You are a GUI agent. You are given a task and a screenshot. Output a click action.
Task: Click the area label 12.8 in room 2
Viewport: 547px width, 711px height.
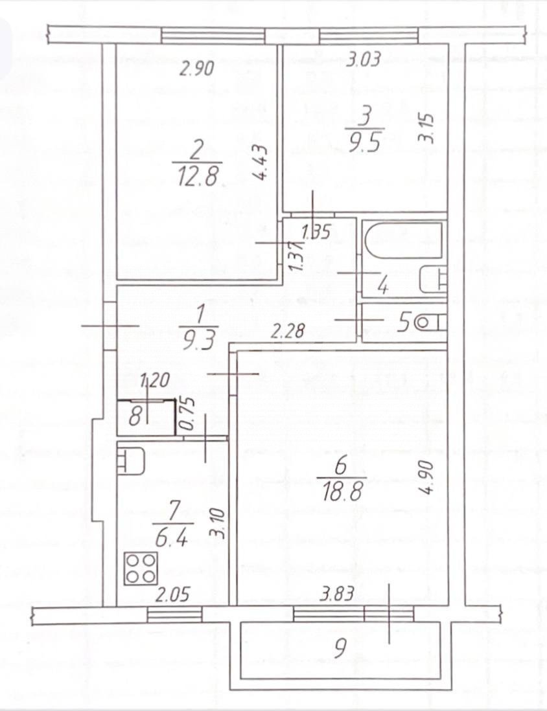(x=198, y=174)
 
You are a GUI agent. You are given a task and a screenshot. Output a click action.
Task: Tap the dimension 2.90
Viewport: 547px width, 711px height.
(x=196, y=69)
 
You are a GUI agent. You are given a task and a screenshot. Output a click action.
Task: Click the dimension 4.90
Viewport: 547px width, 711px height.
(x=425, y=478)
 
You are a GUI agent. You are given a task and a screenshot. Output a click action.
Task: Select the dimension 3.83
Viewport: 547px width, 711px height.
(x=336, y=594)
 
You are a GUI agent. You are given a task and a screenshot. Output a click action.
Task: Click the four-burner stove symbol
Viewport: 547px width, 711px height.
(x=141, y=567)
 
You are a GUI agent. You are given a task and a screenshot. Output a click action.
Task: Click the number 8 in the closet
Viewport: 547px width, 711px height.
(x=135, y=414)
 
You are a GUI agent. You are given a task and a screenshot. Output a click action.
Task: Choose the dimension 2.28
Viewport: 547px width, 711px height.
(x=285, y=333)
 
